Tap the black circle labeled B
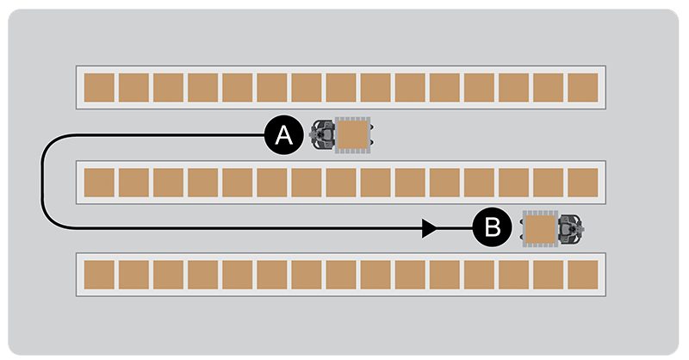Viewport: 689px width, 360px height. (492, 228)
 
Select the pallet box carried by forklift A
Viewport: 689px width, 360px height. (352, 135)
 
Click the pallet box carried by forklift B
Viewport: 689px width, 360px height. (541, 229)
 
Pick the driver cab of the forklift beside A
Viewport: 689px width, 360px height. (324, 135)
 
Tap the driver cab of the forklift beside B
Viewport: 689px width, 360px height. (570, 229)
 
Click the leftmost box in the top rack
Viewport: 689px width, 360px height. (99, 88)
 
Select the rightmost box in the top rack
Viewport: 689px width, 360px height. (583, 88)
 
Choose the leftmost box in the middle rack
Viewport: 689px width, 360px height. (99, 182)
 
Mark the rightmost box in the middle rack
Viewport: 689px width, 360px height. (583, 182)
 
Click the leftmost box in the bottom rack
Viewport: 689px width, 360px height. (99, 274)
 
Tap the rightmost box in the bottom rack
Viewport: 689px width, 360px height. (583, 274)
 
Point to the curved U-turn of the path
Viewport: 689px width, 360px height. (44, 182)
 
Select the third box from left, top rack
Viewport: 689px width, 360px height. (168, 88)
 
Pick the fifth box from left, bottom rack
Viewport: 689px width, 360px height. (237, 274)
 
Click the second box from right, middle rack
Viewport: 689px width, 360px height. (549, 182)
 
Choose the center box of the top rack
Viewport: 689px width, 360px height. (341, 88)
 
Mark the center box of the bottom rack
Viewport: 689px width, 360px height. (341, 274)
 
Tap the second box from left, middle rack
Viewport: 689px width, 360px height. (133, 182)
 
